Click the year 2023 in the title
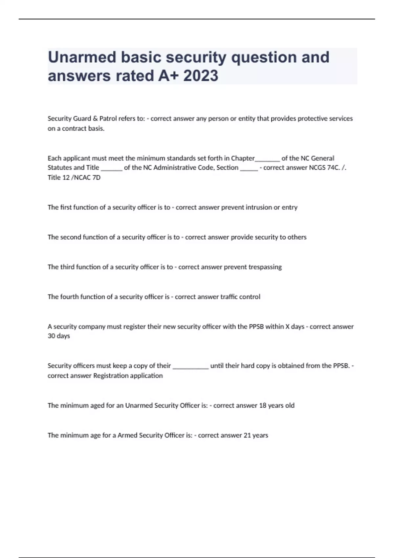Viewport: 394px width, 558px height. [201, 76]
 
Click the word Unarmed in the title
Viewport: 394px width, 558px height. [82, 57]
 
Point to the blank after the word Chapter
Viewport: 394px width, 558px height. [267, 159]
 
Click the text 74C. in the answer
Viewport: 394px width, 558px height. [334, 168]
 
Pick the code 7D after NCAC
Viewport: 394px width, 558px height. [96, 178]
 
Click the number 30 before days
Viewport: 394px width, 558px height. [51, 336]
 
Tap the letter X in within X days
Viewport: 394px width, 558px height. [288, 327]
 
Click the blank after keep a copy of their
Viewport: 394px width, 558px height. [190, 366]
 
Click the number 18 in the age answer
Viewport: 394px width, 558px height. [263, 405]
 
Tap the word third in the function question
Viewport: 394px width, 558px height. [67, 267]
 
